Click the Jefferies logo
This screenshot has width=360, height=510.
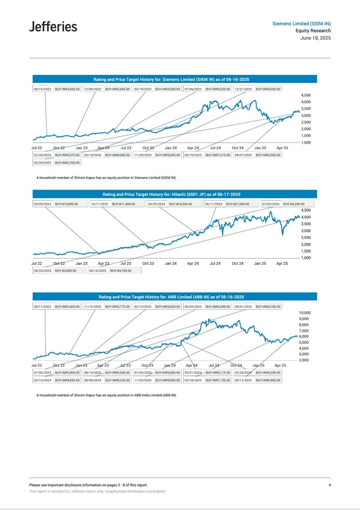click(x=53, y=27)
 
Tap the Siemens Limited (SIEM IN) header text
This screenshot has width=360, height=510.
click(x=301, y=23)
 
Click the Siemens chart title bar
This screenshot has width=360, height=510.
click(x=175, y=79)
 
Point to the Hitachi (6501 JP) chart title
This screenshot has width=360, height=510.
click(x=175, y=194)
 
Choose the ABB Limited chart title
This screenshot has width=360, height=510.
click(x=175, y=297)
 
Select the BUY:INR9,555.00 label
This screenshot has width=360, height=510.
click(x=168, y=156)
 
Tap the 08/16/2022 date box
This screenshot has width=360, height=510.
click(x=43, y=89)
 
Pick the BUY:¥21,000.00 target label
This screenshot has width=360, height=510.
click(x=241, y=204)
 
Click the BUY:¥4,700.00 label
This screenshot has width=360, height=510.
click(x=121, y=270)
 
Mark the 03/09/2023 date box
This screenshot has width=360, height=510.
click(x=43, y=204)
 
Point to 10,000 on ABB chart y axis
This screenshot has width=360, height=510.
click(x=306, y=313)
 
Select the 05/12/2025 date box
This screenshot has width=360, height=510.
click(x=243, y=380)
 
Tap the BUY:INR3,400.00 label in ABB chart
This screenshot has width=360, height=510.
click(x=67, y=306)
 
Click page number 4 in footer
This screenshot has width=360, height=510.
click(x=329, y=485)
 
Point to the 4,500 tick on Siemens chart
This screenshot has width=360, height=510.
click(x=306, y=96)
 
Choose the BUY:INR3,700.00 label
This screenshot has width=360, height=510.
click(x=67, y=163)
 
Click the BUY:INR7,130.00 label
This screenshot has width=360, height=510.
click(x=218, y=380)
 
